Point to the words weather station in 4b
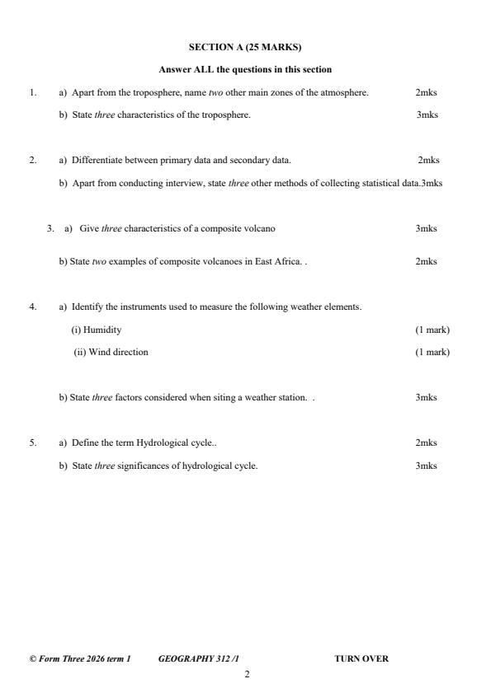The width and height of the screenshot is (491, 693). pyautogui.click(x=279, y=397)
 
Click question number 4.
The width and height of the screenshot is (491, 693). pyautogui.click(x=32, y=307)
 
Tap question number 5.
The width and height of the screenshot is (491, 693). pyautogui.click(x=32, y=442)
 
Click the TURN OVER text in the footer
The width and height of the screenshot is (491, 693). pyautogui.click(x=361, y=658)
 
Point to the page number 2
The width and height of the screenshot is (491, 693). pyautogui.click(x=246, y=674)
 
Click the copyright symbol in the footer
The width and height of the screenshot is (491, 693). pyautogui.click(x=32, y=658)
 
